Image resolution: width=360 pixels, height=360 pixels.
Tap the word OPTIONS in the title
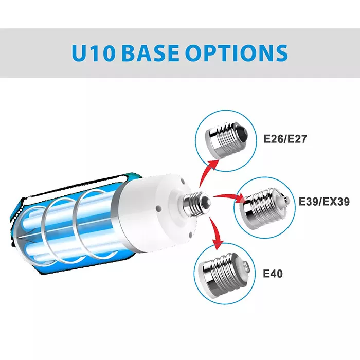(237, 53)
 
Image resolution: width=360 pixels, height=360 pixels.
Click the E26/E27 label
(285, 139)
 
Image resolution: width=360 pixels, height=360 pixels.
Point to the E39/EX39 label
(324, 202)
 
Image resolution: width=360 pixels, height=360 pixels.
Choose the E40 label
(273, 274)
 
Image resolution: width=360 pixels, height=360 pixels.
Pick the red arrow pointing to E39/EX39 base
(229, 197)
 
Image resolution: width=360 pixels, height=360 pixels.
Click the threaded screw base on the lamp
(197, 204)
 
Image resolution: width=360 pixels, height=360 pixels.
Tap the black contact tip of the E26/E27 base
(243, 132)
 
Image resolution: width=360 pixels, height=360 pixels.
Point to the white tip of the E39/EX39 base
(284, 200)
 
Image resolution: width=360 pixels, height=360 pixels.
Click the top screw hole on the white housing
(183, 181)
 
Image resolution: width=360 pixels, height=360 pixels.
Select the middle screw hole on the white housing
(158, 209)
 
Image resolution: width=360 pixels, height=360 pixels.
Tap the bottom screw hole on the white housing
(191, 234)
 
